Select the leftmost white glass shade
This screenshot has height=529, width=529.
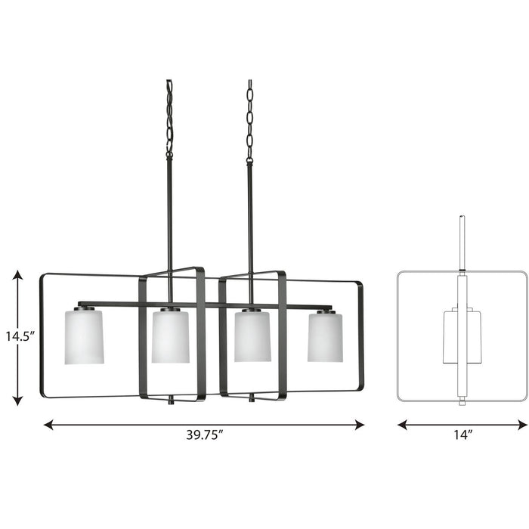[x=84, y=336]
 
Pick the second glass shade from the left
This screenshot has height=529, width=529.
[x=170, y=336]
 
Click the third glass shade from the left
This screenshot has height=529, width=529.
[x=252, y=336]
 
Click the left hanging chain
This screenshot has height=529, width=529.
[x=169, y=117]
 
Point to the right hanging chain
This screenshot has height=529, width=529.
[x=250, y=117]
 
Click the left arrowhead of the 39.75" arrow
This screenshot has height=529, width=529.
[x=48, y=425]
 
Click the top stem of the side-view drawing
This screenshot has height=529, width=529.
[x=462, y=242]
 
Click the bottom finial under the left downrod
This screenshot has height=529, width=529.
[x=172, y=400]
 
